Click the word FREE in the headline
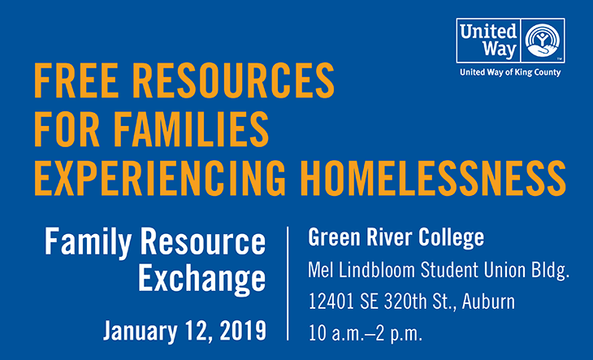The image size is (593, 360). (76, 80)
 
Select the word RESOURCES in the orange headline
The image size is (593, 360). (234, 80)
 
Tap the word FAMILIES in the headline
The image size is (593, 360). (191, 129)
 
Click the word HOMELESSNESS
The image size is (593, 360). (434, 178)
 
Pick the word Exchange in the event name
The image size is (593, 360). (202, 279)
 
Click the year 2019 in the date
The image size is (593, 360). (243, 330)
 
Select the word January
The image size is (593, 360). (141, 331)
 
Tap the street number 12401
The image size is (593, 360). (331, 301)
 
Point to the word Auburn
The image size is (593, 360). (488, 301)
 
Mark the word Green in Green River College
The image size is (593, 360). (334, 237)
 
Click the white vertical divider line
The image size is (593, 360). (288, 284)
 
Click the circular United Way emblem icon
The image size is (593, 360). (543, 41)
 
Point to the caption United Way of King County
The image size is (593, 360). (510, 72)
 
